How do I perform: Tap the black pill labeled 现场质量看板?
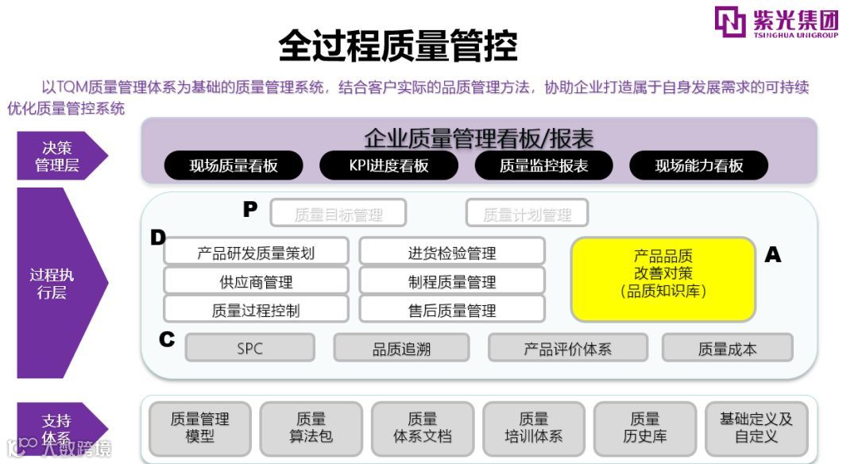tap(234, 165)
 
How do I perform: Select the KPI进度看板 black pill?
tap(388, 165)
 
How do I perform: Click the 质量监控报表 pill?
tap(543, 165)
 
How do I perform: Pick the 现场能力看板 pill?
tap(698, 165)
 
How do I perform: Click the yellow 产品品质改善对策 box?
tap(663, 279)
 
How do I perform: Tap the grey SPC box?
tap(249, 348)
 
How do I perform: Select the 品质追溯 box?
tap(401, 348)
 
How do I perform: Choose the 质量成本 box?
tap(727, 348)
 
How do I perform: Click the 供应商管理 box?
tap(256, 281)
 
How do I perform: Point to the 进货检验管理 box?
tap(451, 253)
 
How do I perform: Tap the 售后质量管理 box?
tap(451, 310)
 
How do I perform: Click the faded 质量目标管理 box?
tap(338, 214)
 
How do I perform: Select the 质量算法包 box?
tap(311, 427)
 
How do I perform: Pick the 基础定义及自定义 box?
tap(756, 427)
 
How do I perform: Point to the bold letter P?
tap(250, 210)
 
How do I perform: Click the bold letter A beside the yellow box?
tap(772, 255)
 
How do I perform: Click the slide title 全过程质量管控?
tap(397, 46)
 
